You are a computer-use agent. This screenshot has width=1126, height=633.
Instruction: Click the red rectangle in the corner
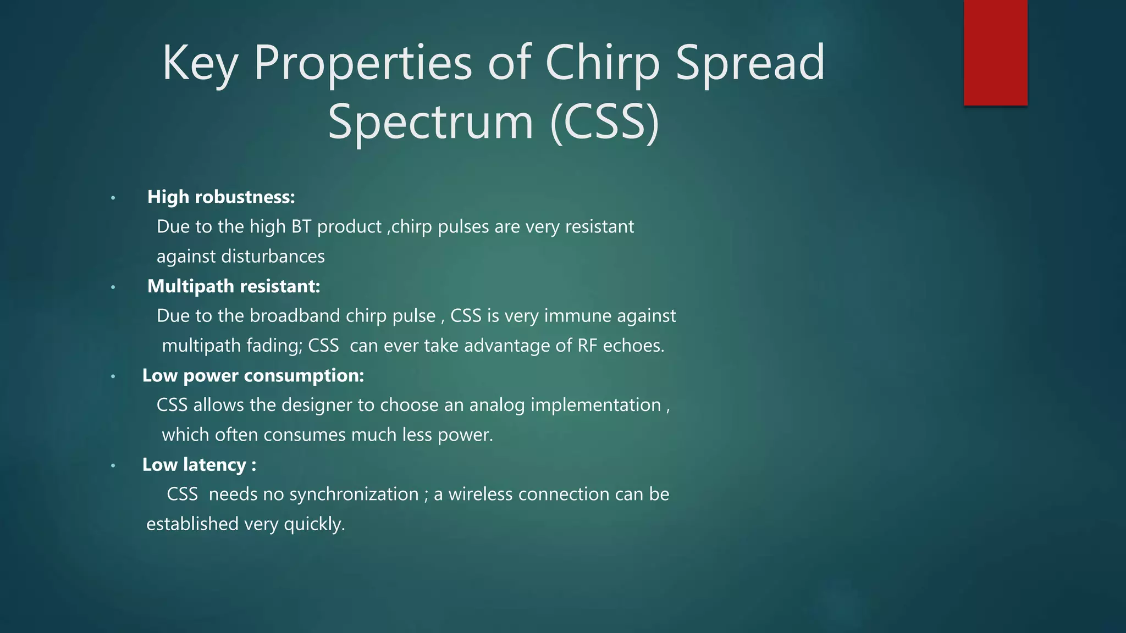[995, 53]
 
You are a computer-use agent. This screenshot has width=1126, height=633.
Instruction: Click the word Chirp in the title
[602, 63]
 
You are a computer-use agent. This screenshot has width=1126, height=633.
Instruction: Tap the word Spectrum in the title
[430, 122]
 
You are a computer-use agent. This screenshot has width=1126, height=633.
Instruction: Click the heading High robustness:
[221, 197]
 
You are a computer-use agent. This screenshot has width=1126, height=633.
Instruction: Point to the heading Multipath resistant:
[234, 286]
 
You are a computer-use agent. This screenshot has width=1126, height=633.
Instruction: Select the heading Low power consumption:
[253, 376]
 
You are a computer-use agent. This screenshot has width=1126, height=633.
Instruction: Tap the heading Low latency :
[199, 465]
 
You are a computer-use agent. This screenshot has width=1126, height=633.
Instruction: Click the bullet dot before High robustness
[113, 198]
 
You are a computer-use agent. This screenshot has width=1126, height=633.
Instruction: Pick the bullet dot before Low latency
[113, 465]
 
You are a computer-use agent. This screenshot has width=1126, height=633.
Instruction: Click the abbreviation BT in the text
[301, 227]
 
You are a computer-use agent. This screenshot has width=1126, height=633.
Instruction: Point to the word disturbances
[273, 257]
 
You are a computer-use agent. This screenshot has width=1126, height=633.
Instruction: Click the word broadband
[295, 316]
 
